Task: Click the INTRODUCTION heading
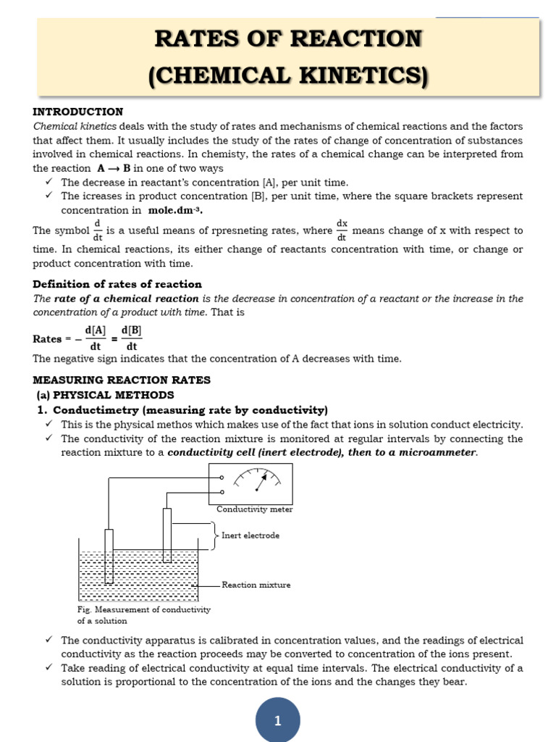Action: [78, 112]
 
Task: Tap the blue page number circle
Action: [277, 720]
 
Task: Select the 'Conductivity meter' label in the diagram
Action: [254, 509]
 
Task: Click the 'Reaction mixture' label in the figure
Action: [256, 585]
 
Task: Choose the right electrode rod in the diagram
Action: [167, 535]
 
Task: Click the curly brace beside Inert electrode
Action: [215, 535]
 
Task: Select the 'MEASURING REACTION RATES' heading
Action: [122, 380]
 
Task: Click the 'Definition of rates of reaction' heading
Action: [117, 284]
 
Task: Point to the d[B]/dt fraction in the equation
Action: [131, 338]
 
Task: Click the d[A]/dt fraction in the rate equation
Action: [96, 338]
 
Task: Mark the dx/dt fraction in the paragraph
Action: [342, 230]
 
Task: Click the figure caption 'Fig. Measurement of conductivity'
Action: [143, 609]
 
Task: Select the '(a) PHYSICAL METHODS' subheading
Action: [106, 395]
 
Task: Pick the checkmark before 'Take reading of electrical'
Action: [49, 668]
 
